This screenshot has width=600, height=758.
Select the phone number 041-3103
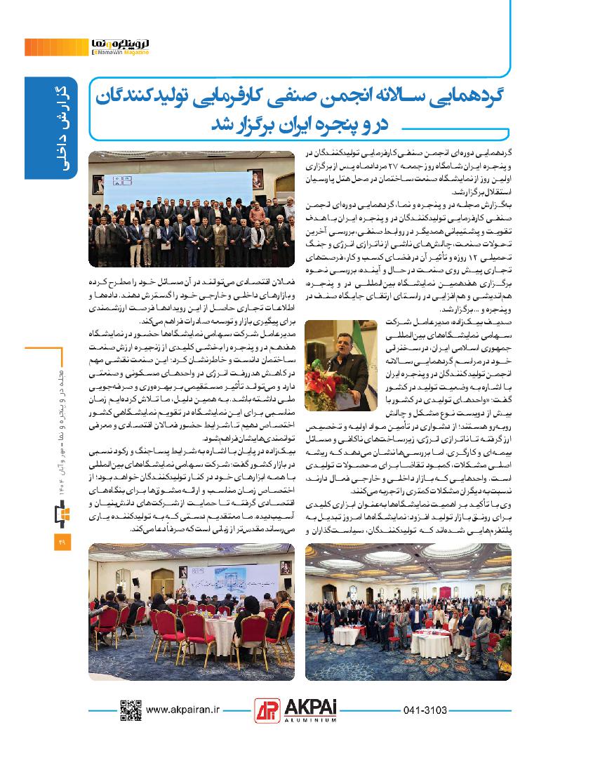click(x=426, y=710)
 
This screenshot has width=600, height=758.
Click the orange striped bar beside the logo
click(x=56, y=47)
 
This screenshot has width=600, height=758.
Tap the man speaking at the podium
click(x=343, y=357)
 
